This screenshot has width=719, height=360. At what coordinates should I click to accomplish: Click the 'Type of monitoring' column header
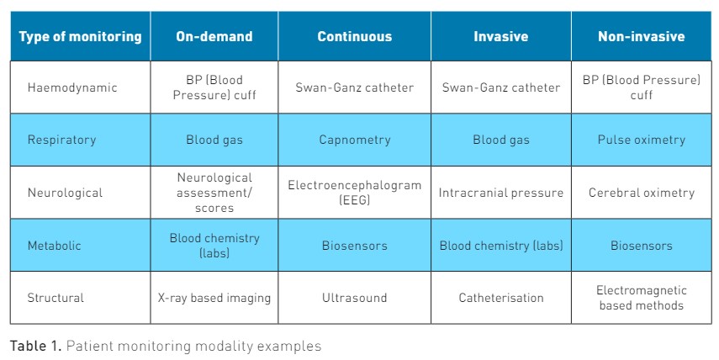[x=80, y=37]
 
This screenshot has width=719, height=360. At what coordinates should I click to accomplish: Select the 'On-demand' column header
[x=214, y=37]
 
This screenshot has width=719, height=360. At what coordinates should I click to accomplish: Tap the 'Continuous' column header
[x=355, y=37]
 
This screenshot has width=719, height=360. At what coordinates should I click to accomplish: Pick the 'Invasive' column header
[x=500, y=37]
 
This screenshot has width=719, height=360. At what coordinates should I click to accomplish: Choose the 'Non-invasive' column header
[x=641, y=37]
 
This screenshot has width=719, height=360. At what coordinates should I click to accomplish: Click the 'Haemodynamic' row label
[x=72, y=87]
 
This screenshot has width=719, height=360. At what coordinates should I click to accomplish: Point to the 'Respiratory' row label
[x=62, y=140]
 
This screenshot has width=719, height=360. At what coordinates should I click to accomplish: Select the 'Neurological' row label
[x=65, y=193]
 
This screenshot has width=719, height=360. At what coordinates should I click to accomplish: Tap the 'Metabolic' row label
[x=54, y=246]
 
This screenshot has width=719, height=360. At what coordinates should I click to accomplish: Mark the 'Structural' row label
[x=56, y=298]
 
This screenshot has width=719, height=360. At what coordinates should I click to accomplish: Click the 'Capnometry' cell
[x=355, y=140]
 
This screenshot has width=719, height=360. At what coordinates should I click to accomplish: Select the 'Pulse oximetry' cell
[x=641, y=140]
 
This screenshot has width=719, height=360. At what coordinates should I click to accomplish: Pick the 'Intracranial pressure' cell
[x=500, y=193]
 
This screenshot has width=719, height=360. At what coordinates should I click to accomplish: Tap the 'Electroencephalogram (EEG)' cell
[x=355, y=193]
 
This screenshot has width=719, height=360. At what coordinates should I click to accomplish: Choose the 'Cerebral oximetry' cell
[x=641, y=193]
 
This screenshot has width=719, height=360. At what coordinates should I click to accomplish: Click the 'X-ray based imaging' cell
[x=214, y=298]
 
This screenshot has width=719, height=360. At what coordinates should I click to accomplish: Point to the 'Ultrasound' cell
[x=355, y=298]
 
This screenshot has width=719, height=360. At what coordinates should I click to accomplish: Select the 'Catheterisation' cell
[x=500, y=298]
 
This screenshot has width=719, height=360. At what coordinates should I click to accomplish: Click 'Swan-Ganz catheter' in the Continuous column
[x=355, y=87]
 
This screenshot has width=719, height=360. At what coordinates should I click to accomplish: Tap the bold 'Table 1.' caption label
[x=35, y=346]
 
